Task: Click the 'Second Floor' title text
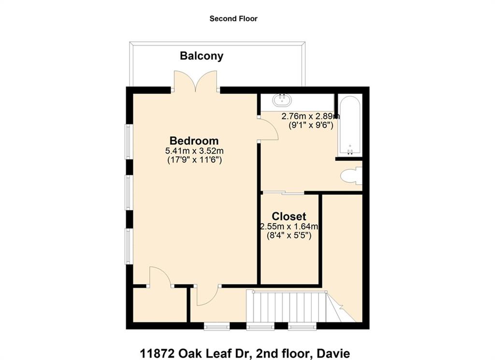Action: (233, 19)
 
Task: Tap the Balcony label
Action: (202, 56)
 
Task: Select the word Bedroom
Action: (194, 140)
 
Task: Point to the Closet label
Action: (289, 216)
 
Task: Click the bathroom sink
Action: (282, 100)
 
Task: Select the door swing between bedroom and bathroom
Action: (268, 129)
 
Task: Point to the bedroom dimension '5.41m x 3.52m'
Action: (194, 151)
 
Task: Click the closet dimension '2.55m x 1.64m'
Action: (289, 226)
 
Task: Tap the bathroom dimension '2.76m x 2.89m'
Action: (311, 116)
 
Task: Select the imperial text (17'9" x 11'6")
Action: (194, 160)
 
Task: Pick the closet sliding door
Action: (283, 192)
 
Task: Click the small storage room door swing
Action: (160, 277)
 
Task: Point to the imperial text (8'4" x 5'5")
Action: (289, 236)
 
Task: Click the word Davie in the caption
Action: (334, 353)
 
